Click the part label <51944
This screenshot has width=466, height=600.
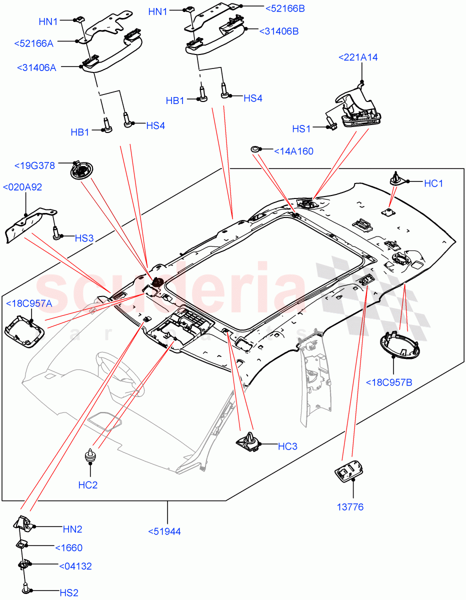click(x=164, y=531)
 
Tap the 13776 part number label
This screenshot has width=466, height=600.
click(x=349, y=507)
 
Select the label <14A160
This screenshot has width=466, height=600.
click(x=293, y=151)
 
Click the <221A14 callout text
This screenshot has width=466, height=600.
click(x=357, y=57)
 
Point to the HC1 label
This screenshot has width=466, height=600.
click(x=433, y=183)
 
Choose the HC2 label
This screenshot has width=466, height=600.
click(x=87, y=484)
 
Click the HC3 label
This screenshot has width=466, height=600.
click(x=287, y=446)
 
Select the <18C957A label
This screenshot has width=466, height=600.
click(x=29, y=303)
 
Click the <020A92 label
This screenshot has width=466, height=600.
click(x=22, y=187)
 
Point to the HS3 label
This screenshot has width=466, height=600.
click(x=84, y=238)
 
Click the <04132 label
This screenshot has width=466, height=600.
click(x=75, y=566)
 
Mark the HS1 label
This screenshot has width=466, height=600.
click(x=301, y=129)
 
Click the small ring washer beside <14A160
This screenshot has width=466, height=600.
click(x=255, y=149)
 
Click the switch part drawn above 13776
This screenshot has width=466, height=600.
click(x=348, y=472)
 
